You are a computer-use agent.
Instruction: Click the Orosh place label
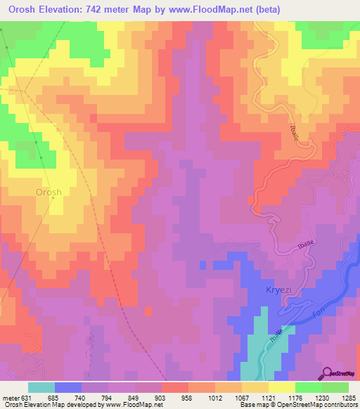tap(49, 192)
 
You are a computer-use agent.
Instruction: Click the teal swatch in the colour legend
tap(41, 387)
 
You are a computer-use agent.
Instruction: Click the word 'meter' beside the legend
tap(10, 397)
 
